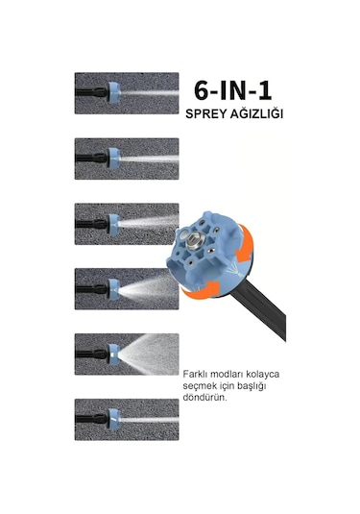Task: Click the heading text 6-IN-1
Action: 232,90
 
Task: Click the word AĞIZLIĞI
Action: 256,113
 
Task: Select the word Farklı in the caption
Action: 195,374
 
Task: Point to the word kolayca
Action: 262,375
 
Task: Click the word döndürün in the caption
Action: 204,398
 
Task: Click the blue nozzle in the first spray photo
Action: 114,93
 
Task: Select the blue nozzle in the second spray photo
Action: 114,159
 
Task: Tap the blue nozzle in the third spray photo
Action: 114,224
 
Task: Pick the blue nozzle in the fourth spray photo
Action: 114,289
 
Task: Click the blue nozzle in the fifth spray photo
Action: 114,354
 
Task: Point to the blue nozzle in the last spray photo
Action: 114,420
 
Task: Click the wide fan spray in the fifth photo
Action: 149,354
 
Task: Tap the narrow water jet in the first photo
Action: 150,93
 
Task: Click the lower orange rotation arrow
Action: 201,290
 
